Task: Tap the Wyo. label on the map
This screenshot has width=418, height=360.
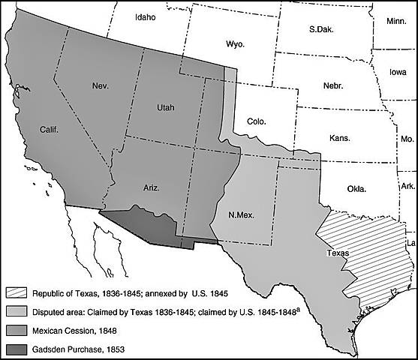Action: tap(234, 44)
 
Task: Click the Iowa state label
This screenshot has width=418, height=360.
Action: tap(398, 72)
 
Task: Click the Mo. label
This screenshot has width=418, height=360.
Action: tap(406, 139)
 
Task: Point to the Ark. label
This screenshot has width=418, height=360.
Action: tap(407, 184)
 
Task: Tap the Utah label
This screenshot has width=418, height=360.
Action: tap(165, 108)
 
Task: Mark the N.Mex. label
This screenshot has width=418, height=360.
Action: tap(241, 215)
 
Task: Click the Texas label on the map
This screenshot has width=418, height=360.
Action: tap(338, 253)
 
